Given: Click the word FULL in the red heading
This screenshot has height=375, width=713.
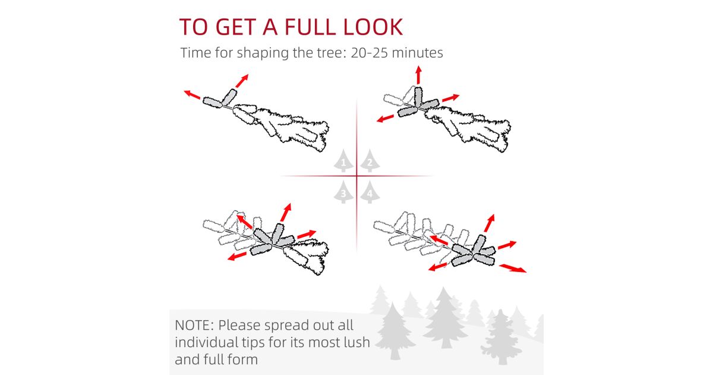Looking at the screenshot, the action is tap(310, 27).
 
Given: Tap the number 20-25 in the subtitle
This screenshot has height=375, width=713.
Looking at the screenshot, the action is tap(369, 52).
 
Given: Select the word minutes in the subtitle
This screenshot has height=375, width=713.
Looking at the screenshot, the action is tap(417, 52).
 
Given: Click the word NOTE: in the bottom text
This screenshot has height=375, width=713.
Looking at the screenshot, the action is tap(194, 325).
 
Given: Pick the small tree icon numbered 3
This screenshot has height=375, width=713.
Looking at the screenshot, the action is tap(343, 192).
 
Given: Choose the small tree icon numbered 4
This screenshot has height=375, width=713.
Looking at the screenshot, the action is tap(370, 192).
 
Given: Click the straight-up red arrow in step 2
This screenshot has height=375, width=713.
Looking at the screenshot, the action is tap(418, 74).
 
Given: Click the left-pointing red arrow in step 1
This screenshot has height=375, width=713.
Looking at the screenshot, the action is tap(192, 94).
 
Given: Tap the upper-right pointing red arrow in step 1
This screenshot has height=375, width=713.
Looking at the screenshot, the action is tap(242, 81).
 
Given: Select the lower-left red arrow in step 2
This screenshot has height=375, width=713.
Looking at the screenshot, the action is tap(385, 118).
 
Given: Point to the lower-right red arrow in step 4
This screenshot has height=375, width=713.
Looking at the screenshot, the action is tap(512, 268).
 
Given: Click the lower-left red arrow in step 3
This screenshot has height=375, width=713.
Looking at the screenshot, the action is tap(237, 256).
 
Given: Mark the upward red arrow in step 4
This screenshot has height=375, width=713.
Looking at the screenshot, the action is tap(490, 223).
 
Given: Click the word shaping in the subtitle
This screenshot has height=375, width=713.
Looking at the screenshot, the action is tap(263, 53).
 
